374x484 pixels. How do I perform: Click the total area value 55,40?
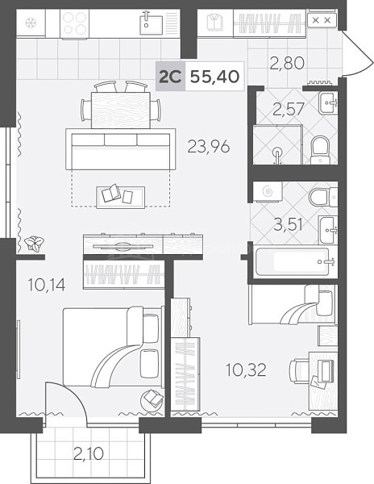tap(214, 77)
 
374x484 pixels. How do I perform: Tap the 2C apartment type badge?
tap(170, 77)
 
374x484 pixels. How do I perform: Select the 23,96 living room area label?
tap(209, 146)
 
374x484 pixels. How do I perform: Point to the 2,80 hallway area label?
tap(287, 63)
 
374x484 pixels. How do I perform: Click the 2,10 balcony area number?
tap(89, 453)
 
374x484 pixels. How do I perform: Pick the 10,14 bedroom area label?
tap(47, 285)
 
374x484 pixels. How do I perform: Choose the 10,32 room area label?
tap(246, 369)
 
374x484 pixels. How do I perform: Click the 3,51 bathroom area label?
tap(289, 224)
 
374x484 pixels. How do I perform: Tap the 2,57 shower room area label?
tap(289, 109)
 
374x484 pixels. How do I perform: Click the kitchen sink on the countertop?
tap(151, 23)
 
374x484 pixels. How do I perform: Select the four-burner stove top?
tap(74, 23)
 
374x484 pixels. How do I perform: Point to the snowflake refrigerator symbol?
tap(31, 23)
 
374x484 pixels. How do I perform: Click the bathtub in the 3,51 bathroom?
tap(293, 261)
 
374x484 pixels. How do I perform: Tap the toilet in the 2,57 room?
tap(320, 150)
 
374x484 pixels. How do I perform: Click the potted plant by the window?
tap(35, 243)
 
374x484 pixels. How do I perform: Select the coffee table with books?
tap(121, 197)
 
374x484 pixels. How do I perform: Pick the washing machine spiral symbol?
tap(268, 192)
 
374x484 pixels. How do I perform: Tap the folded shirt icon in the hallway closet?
tap(215, 23)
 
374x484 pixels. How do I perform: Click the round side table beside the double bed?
tap(152, 401)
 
